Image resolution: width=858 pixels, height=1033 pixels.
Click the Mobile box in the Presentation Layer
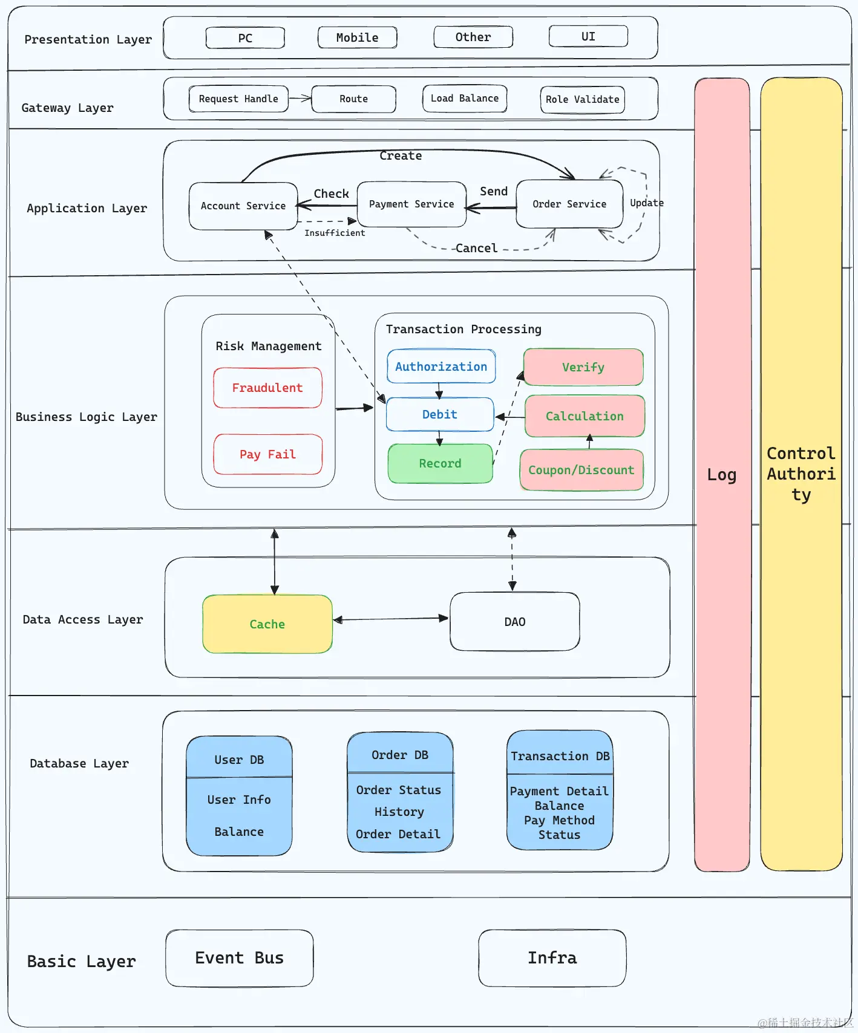[357, 37]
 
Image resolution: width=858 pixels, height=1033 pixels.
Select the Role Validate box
[582, 100]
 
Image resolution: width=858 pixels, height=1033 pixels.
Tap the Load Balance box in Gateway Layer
[464, 99]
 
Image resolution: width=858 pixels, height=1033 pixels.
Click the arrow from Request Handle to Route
[300, 98]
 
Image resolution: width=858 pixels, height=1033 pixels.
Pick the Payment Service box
[411, 204]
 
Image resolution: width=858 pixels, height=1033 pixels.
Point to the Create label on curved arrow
[401, 155]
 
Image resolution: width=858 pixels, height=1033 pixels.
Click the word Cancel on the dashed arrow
[476, 248]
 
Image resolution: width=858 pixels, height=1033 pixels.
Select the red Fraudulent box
[267, 388]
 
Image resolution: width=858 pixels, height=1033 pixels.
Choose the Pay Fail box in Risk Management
[267, 454]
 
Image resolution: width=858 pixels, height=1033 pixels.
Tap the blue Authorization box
[441, 367]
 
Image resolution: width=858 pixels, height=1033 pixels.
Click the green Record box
[440, 463]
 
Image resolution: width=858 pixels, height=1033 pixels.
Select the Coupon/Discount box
[581, 470]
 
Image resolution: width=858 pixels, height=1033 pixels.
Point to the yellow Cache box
[267, 624]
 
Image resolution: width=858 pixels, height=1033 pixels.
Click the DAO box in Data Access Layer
[515, 622]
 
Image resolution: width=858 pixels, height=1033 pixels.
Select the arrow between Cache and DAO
[391, 619]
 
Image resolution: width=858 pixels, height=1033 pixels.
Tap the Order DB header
[400, 755]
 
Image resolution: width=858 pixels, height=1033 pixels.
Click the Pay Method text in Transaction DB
[559, 820]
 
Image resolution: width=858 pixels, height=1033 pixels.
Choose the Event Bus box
[240, 958]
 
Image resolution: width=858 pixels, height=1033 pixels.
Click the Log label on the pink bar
[722, 475]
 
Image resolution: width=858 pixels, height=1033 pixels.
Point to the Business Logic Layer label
[86, 417]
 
